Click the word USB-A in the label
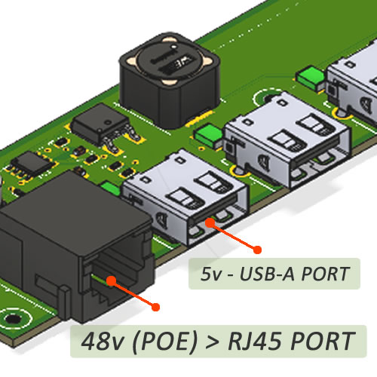coord(267,274)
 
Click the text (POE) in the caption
coord(164,342)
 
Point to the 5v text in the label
coord(211,274)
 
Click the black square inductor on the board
coord(169,81)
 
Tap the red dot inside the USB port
coord(210,222)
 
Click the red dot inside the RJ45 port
coord(112,280)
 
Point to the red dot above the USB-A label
coord(257,250)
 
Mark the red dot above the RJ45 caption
coord(155,307)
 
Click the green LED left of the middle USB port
coord(209,136)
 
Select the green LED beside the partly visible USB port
coord(311,78)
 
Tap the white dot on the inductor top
coord(173,47)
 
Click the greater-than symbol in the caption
coord(213,342)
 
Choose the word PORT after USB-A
coord(325,274)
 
